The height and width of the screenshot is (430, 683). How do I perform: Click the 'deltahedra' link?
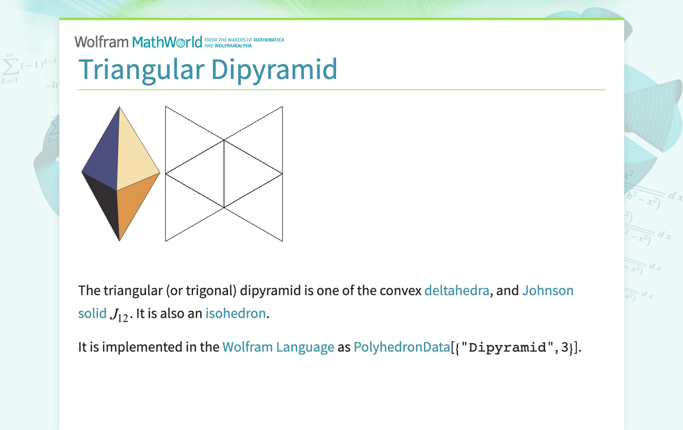pyautogui.click(x=456, y=290)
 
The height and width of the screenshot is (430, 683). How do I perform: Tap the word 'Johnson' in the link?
pyautogui.click(x=548, y=290)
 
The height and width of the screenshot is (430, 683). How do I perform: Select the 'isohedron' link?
pyautogui.click(x=235, y=313)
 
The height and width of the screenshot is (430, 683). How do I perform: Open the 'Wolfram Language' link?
pyautogui.click(x=278, y=347)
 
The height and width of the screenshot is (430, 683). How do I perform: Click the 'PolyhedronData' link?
pyautogui.click(x=401, y=347)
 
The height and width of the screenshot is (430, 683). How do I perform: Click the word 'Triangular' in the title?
pyautogui.click(x=141, y=69)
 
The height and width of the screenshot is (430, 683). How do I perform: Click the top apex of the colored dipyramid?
pyautogui.click(x=119, y=108)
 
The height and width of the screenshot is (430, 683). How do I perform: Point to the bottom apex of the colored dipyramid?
pyautogui.click(x=119, y=239)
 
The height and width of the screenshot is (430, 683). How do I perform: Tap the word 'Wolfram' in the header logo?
pyautogui.click(x=101, y=42)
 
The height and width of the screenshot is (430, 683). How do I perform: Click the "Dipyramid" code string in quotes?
pyautogui.click(x=507, y=347)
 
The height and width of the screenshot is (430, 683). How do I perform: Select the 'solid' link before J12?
pyautogui.click(x=92, y=313)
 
